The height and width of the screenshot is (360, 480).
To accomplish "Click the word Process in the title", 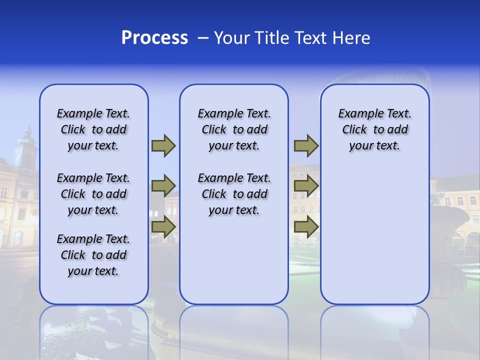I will (x=154, y=38).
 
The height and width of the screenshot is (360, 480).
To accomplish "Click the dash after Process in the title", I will (x=203, y=38).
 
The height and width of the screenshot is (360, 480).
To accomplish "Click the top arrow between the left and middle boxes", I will (x=163, y=146).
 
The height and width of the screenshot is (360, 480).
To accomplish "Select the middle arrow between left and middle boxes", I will (x=163, y=186).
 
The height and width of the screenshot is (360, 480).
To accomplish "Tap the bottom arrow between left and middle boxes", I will (x=163, y=226).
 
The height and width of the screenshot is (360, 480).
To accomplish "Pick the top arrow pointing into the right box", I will (x=306, y=146).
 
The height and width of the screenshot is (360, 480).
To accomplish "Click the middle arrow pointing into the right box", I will (x=306, y=186).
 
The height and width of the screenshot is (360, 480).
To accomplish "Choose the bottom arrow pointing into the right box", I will (x=306, y=226).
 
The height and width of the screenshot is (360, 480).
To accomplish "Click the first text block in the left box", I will (x=93, y=129).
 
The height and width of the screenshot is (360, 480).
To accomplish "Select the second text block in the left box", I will (x=93, y=194).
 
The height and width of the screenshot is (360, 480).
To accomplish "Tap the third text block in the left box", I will (x=93, y=255).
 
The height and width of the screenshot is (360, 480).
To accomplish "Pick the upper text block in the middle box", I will (x=234, y=129).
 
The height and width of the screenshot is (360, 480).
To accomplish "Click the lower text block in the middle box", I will (x=234, y=194).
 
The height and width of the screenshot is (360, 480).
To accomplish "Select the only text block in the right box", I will (x=374, y=129).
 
